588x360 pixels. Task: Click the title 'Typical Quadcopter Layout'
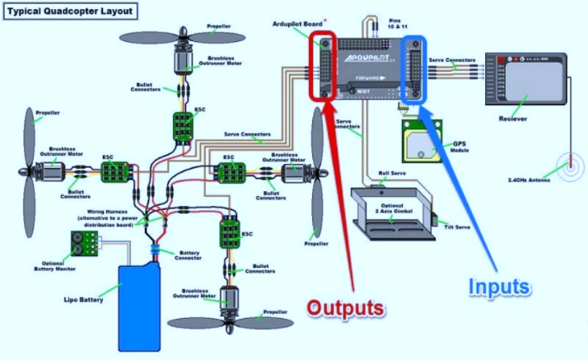(68, 13)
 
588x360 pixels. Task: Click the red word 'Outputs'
(346, 308)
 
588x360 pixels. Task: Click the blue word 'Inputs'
(499, 286)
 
